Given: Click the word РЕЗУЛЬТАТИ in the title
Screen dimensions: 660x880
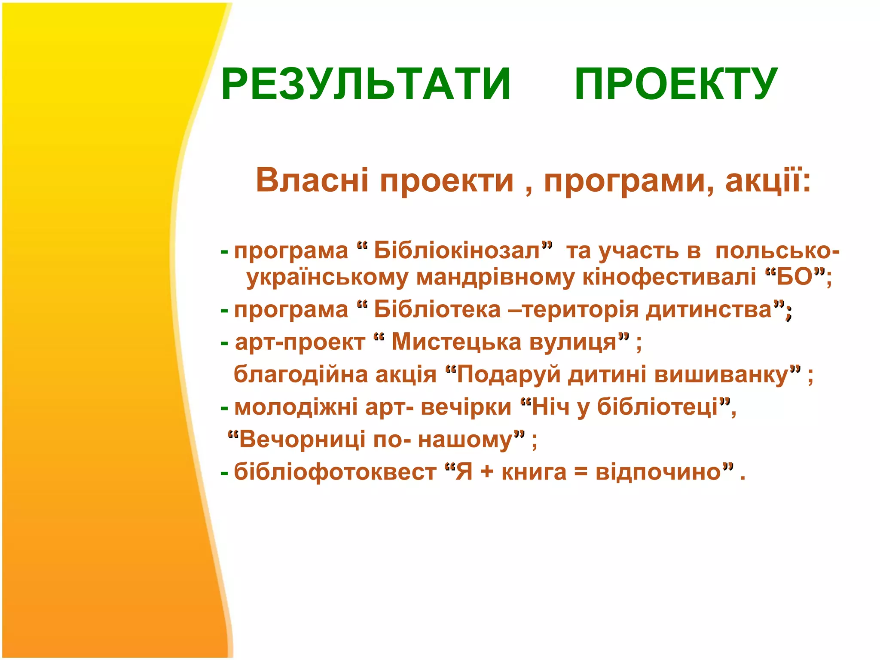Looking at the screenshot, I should click(x=366, y=84).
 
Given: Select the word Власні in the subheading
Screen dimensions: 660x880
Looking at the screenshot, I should click(x=312, y=180).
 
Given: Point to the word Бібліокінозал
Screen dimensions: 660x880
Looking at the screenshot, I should click(x=457, y=251).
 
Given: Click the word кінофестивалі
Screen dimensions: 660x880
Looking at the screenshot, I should click(x=669, y=277).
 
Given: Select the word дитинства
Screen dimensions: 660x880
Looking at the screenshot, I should click(x=709, y=310).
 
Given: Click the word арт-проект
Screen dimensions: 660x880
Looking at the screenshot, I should click(x=299, y=342).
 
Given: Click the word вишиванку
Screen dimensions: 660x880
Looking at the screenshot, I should click(x=722, y=375).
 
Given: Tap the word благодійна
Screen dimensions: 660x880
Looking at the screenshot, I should click(x=300, y=375).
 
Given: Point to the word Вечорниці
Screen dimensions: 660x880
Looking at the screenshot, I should click(x=302, y=440).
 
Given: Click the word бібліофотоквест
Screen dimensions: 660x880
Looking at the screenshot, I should click(x=335, y=472).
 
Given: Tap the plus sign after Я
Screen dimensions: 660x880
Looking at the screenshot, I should click(x=487, y=473).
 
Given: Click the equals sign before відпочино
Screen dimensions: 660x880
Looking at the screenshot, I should click(x=581, y=473).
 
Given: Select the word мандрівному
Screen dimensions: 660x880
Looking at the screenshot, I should click(x=495, y=277).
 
